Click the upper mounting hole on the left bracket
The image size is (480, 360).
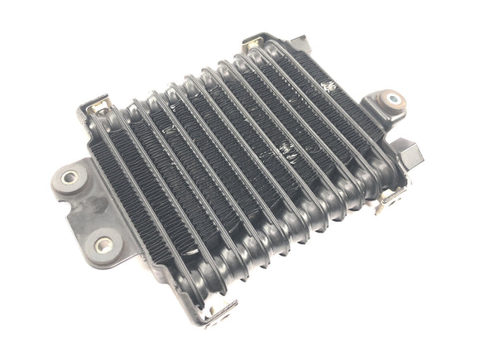click(70, 176)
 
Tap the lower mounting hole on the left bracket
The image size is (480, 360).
click(103, 244)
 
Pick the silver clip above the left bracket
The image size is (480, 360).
click(100, 107)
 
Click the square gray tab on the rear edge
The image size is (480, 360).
click(300, 43)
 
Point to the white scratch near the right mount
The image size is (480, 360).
click(330, 86)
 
